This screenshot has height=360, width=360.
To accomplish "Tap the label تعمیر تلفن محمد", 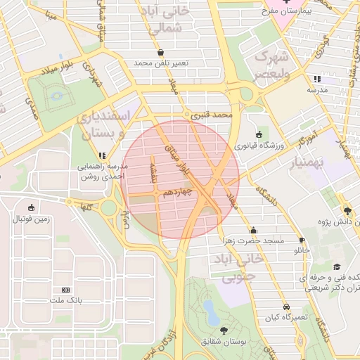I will point(162,63).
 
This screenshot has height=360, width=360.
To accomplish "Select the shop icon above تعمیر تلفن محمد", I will point(161,52).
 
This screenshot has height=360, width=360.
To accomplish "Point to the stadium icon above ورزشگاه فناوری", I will point(259,134).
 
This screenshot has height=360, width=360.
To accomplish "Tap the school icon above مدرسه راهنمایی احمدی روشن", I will point(103,155).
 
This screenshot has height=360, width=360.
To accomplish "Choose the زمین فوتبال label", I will point(32,219).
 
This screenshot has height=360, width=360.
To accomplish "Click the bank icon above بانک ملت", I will point(66,290).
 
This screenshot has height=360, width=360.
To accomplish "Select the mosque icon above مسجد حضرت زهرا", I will point(253,230).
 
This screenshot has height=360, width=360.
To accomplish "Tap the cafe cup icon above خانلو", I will point(302,240).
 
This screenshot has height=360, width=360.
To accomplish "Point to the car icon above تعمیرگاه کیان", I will point(286,307).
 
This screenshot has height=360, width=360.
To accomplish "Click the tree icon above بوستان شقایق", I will point(224,330).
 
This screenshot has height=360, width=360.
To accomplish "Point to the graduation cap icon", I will point(337,267).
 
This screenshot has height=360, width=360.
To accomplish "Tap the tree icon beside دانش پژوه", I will point(347,210).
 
